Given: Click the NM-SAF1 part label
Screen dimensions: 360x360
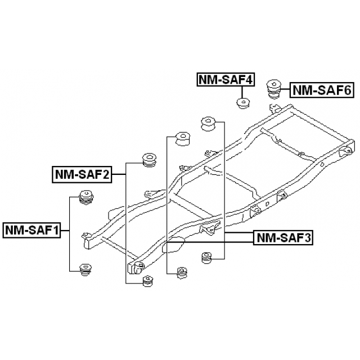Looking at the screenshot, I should (x=32, y=230).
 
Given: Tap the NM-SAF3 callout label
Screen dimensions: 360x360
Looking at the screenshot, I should (x=283, y=238).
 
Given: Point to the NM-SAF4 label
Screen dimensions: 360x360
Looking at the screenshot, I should (x=223, y=80).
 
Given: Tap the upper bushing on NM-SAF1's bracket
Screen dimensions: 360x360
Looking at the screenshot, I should (x=86, y=197).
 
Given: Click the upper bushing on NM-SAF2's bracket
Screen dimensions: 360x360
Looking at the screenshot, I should (x=149, y=160).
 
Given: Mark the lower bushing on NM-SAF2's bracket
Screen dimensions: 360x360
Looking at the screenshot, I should (x=148, y=281).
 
